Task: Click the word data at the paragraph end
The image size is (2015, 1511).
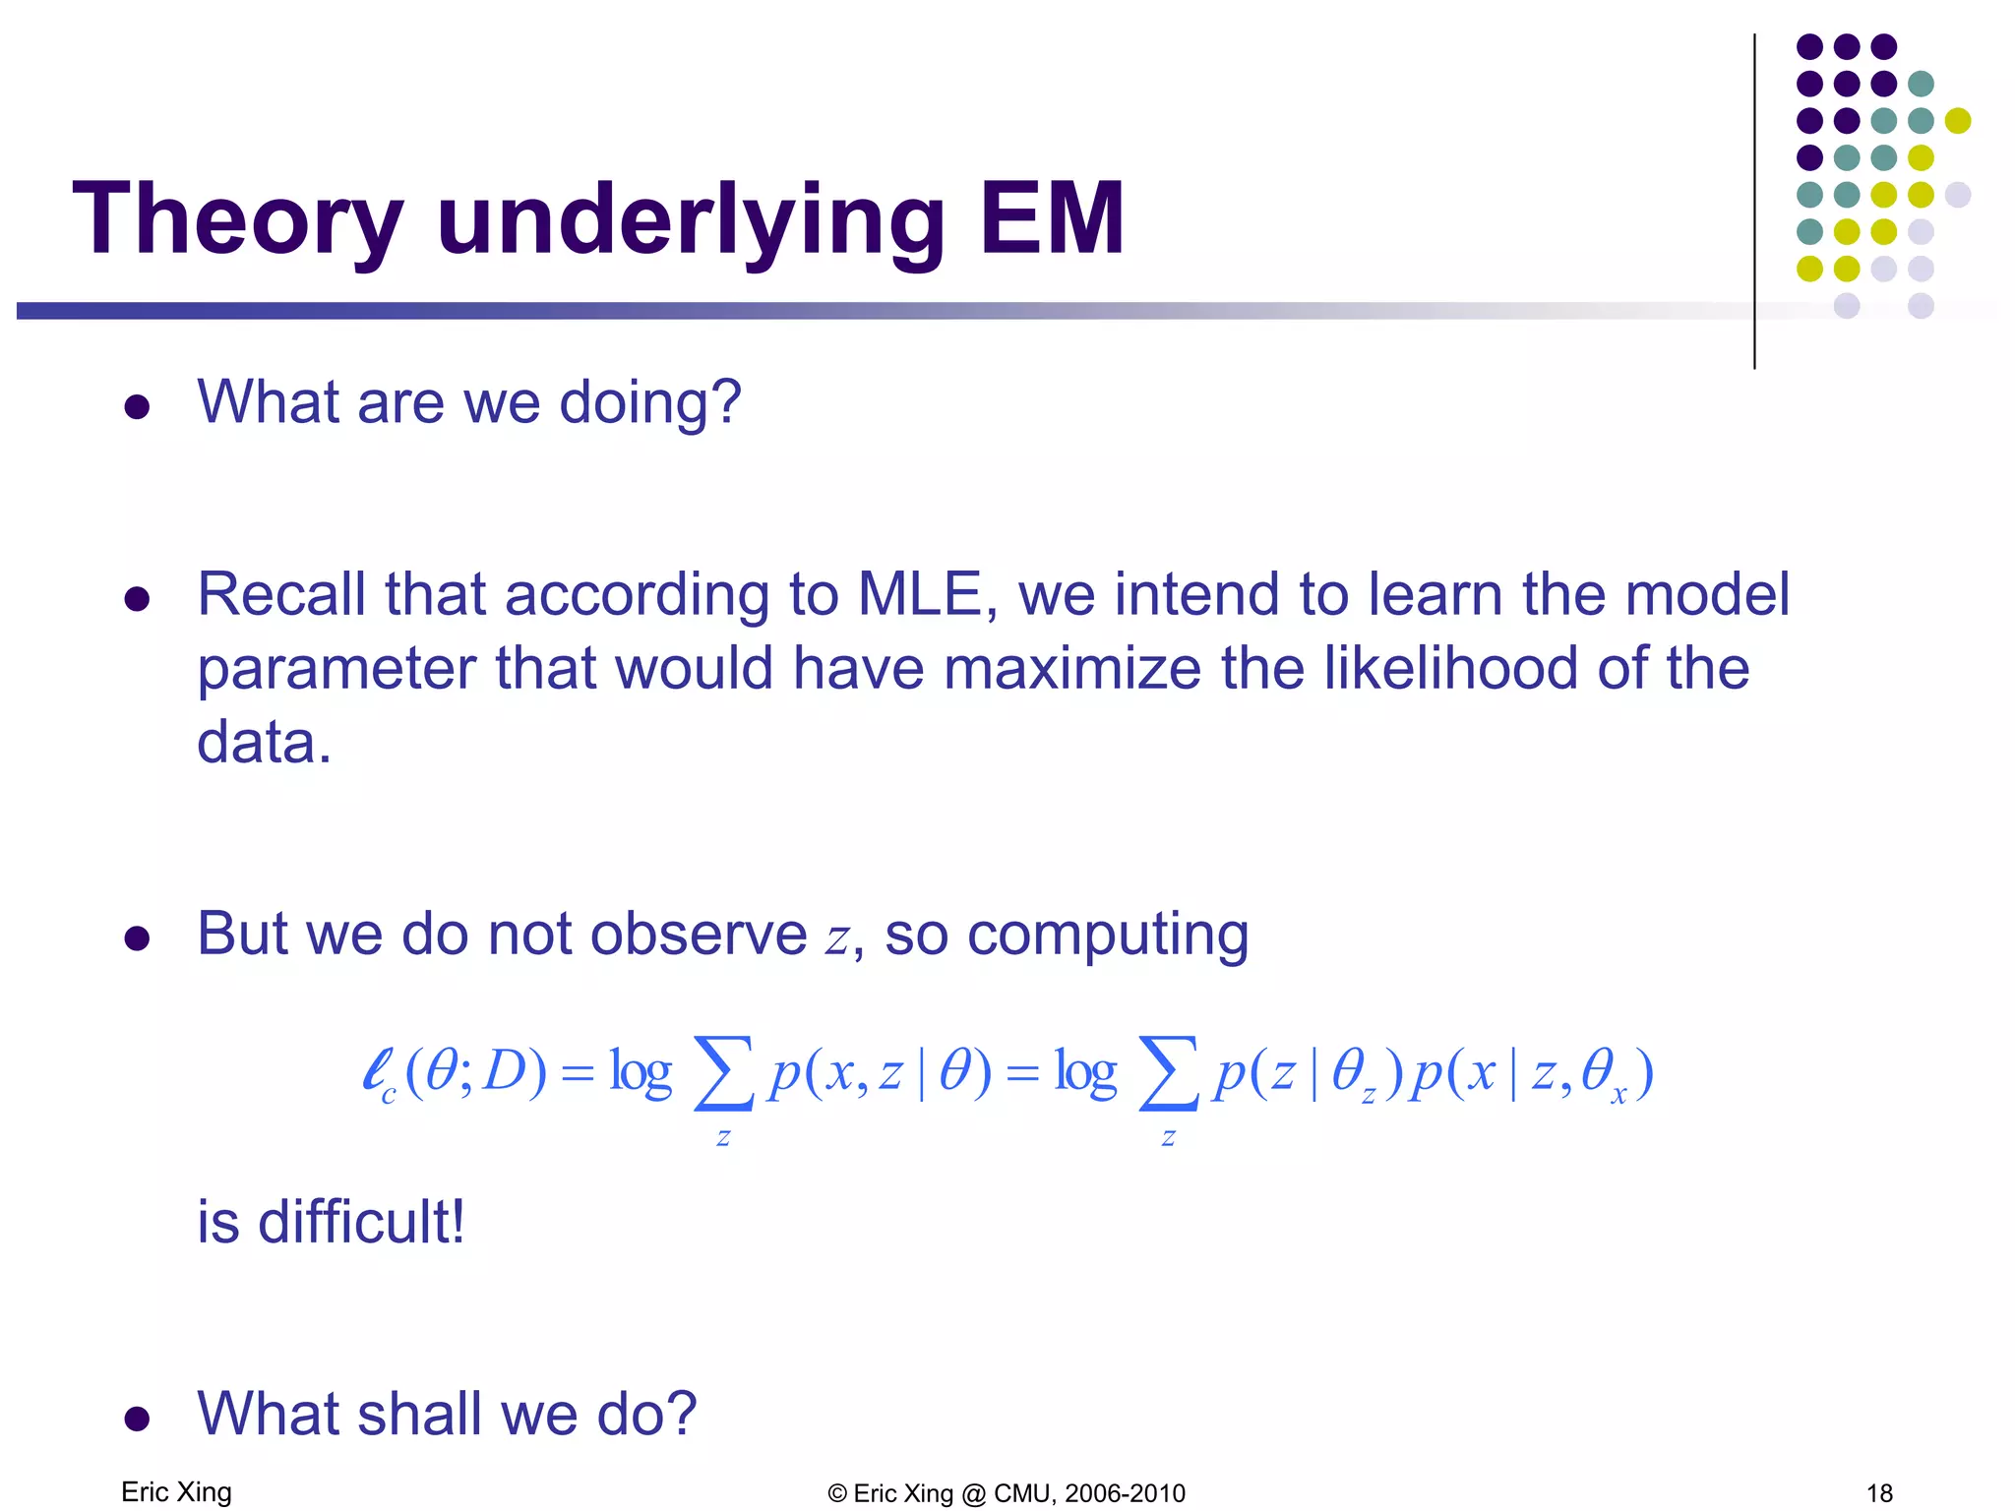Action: tap(264, 742)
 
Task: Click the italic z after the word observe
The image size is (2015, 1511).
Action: tap(837, 937)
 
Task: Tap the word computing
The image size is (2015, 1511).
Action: tap(1108, 935)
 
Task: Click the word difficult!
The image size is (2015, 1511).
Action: tap(360, 1223)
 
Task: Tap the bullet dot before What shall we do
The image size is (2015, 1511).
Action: tap(137, 1418)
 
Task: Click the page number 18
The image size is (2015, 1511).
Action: tap(1879, 1493)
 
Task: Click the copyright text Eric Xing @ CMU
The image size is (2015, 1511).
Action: tap(1007, 1493)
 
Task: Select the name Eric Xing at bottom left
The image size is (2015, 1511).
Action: tap(176, 1492)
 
